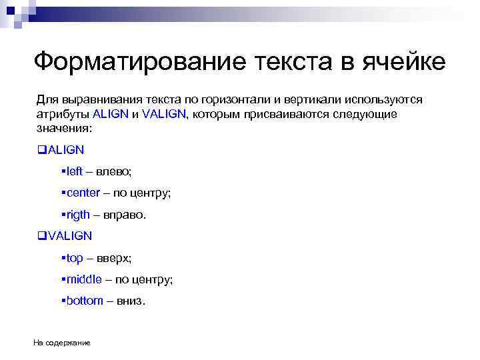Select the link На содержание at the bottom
click(x=62, y=343)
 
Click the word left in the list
click(x=74, y=171)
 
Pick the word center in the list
click(x=83, y=193)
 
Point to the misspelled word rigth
click(x=77, y=215)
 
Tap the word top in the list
click(x=75, y=257)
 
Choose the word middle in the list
click(x=83, y=279)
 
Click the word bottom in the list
click(x=85, y=301)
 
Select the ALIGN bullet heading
click(x=66, y=150)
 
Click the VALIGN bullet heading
click(x=70, y=235)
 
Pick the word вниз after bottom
click(x=129, y=301)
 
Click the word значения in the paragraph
click(x=63, y=127)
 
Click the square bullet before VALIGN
click(x=41, y=235)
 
